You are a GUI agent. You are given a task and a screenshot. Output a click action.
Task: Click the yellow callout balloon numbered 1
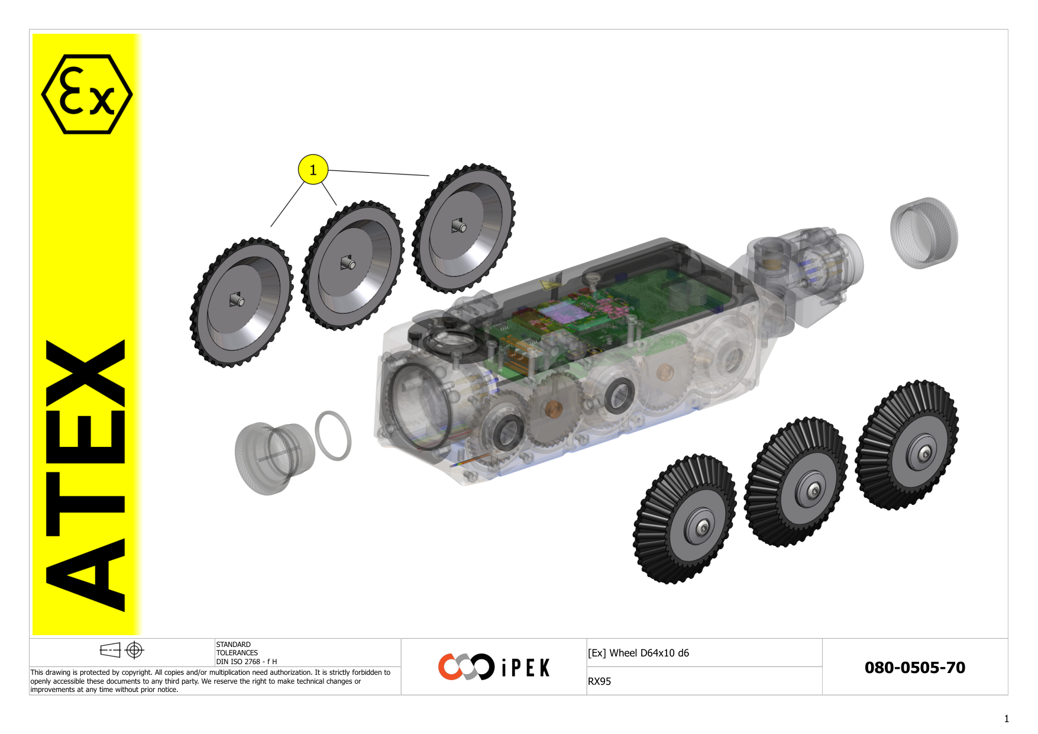point(313,170)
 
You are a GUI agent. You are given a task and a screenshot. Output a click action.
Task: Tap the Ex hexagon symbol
point(87,94)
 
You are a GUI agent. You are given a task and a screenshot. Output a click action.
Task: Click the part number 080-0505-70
point(914,668)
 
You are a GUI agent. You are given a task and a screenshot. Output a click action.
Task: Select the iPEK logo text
point(525,668)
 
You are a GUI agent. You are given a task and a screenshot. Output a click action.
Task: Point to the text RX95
point(599,681)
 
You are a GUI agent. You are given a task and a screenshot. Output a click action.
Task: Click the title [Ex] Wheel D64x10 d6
point(638,653)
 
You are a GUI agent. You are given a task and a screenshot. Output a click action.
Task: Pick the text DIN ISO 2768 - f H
point(246,662)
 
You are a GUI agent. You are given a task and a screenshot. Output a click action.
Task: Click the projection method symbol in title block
point(122,650)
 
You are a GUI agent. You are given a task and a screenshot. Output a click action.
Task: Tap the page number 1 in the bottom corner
point(1006,719)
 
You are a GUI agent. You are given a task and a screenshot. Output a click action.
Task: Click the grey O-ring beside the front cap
point(333,436)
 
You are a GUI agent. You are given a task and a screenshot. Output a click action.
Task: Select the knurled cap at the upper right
point(924,233)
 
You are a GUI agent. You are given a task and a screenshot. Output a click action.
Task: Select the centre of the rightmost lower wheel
point(924,453)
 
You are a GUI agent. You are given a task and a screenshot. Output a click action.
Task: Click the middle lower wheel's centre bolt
point(813,491)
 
